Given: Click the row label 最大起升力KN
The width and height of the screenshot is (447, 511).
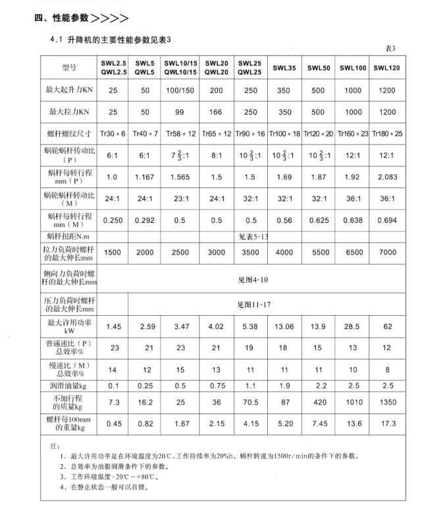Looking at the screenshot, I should [x=69, y=90].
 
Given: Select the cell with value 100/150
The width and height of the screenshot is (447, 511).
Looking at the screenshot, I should [x=180, y=90].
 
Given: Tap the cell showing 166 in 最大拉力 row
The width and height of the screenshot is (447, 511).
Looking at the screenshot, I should [x=216, y=113].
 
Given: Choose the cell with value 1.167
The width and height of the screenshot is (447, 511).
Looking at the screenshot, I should [x=144, y=177].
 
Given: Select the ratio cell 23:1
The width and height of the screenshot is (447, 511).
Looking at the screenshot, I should [x=180, y=199].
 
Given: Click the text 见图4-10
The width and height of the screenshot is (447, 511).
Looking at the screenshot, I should [x=253, y=279].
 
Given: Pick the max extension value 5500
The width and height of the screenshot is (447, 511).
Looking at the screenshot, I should [x=318, y=253].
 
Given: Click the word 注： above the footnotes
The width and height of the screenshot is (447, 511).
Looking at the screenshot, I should [x=55, y=446].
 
